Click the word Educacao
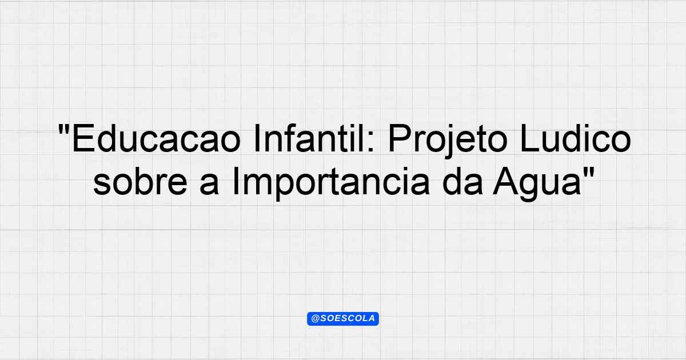[156, 139]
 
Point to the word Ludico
[576, 138]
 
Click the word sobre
[140, 181]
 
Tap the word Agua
[537, 184]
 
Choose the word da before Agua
[462, 181]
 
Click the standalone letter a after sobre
[209, 185]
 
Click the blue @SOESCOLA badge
[343, 319]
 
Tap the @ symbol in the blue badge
[316, 319]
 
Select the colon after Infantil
[370, 142]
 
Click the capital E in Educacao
[83, 138]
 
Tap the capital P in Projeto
[400, 138]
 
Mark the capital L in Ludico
[530, 138]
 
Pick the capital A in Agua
[506, 181]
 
